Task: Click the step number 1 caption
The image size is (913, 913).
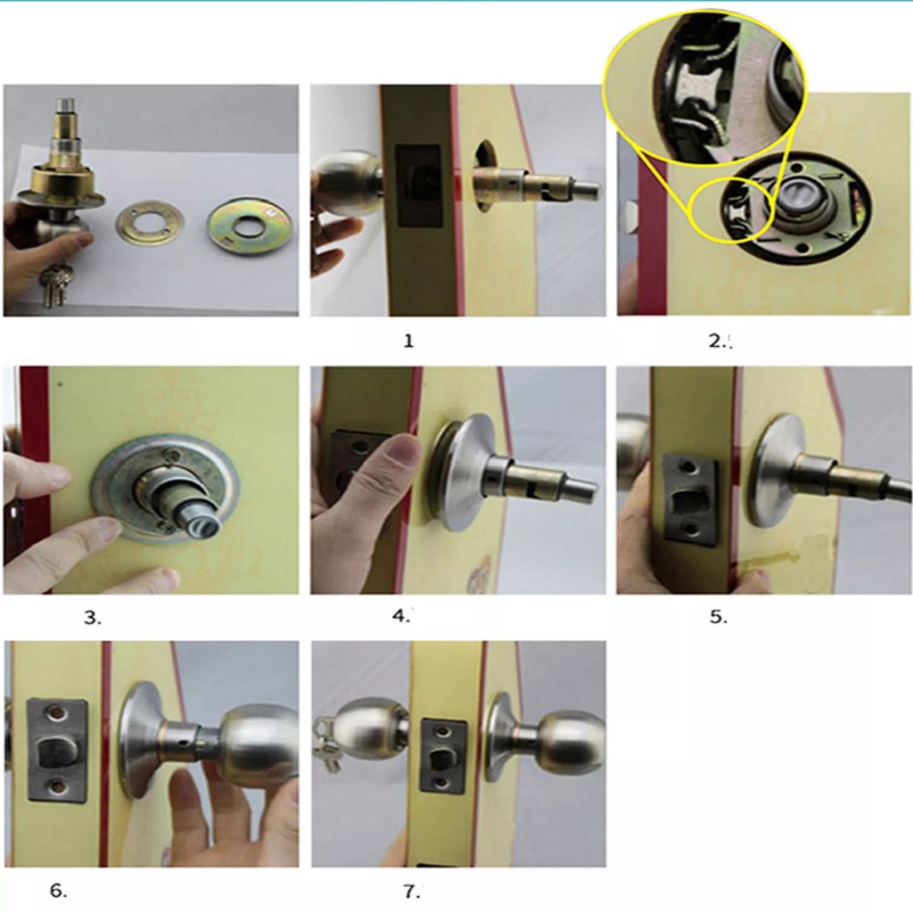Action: click(408, 341)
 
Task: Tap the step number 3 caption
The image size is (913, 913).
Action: click(92, 617)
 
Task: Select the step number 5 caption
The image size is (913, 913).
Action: click(718, 617)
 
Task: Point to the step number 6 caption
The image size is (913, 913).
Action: click(58, 891)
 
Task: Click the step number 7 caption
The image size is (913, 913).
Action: click(411, 891)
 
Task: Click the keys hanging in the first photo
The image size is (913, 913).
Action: click(53, 284)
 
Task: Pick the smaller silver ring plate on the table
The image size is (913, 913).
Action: click(150, 223)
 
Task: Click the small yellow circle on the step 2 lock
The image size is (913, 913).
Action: click(731, 210)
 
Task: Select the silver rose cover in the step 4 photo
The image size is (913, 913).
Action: click(463, 473)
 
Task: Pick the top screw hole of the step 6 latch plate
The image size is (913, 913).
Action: click(56, 712)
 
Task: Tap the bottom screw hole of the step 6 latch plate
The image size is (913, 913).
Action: click(57, 788)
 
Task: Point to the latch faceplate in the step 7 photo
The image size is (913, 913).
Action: click(444, 755)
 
